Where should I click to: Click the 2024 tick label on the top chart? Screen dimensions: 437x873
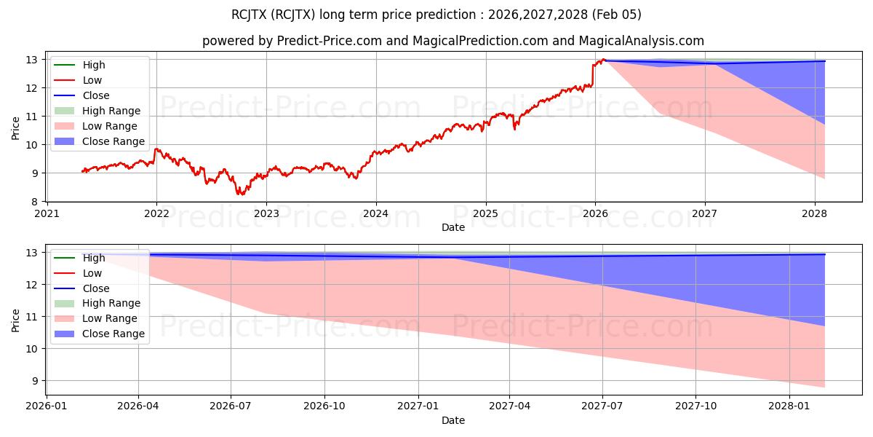click(x=375, y=213)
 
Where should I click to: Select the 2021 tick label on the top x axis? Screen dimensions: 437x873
click(x=47, y=213)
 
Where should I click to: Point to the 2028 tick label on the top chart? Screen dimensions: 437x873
click(x=814, y=213)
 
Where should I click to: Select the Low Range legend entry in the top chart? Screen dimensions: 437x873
click(x=110, y=126)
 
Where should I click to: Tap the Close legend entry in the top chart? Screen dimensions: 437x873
click(x=96, y=95)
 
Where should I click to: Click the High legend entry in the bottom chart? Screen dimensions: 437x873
click(x=94, y=258)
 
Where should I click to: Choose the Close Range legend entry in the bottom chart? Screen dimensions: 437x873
click(x=113, y=334)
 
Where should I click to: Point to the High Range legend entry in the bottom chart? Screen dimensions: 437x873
click(x=111, y=303)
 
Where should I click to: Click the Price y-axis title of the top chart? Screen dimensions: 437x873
click(x=16, y=128)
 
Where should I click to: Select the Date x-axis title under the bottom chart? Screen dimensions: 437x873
click(x=453, y=421)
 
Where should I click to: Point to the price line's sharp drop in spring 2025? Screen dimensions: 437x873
click(x=515, y=128)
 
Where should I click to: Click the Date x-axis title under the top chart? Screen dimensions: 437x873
click(x=453, y=227)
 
